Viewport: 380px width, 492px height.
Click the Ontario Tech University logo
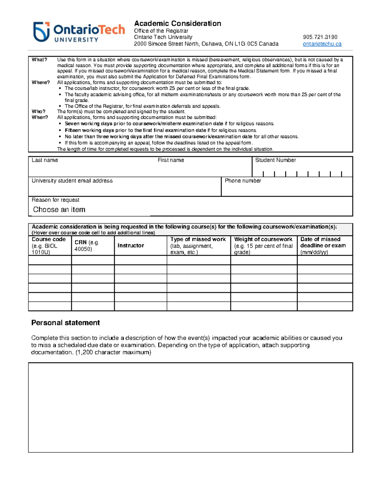pos(79,32)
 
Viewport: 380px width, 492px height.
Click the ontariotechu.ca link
pos(322,44)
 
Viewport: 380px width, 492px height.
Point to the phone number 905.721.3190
pos(320,37)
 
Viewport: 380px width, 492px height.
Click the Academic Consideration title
pos(177,23)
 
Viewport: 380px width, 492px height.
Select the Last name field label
pos(45,160)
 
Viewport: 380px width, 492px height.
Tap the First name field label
pos(171,160)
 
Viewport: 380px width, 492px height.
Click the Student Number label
pos(275,160)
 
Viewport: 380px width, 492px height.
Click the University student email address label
pos(72,181)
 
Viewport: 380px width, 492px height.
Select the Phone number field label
pos(243,181)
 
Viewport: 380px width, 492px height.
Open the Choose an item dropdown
pos(59,210)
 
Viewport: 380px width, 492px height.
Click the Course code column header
pos(49,240)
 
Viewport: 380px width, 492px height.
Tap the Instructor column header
pos(130,246)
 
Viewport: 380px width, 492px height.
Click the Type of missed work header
pos(198,240)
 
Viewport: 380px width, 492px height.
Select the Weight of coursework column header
pos(263,240)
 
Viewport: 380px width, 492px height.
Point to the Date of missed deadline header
pos(323,242)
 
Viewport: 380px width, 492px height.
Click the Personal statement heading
pos(66,323)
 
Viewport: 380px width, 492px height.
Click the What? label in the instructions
pos(39,60)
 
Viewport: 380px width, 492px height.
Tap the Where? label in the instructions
pos(41,82)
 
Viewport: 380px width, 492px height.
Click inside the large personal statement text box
pos(190,407)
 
